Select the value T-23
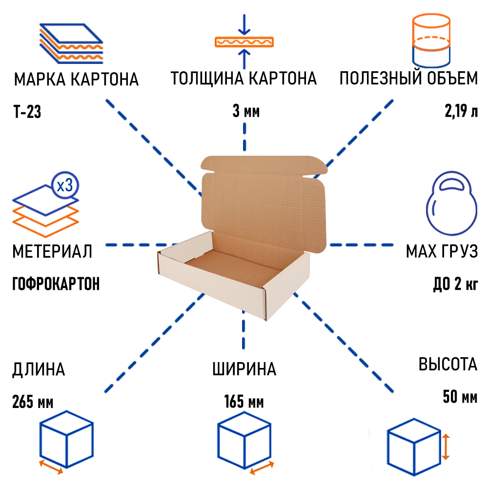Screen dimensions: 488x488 point(27,113)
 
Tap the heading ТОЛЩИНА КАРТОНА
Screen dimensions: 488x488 point(244,79)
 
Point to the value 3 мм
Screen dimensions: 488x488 point(245,112)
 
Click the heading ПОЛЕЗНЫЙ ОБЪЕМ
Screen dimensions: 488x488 point(408,79)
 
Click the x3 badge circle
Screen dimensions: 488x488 point(65,186)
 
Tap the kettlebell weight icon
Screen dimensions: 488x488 point(451,205)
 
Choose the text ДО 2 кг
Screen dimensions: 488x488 point(455,284)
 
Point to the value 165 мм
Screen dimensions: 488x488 point(244,403)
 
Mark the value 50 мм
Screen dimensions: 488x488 point(460,397)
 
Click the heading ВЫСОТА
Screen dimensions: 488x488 point(447,365)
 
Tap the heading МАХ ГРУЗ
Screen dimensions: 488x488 point(441,252)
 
